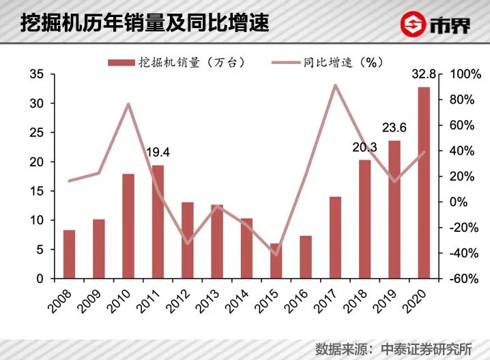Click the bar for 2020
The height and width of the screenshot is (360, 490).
(424, 183)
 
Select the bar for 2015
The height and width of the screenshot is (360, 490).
(276, 261)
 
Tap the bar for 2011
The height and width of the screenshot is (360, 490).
(158, 222)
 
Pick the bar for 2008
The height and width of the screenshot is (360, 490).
(69, 254)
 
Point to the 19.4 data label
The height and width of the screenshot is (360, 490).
(158, 152)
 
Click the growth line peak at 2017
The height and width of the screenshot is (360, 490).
(335, 86)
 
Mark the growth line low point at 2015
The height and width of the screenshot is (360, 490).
(276, 254)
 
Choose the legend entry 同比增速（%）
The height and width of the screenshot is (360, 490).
(341, 61)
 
